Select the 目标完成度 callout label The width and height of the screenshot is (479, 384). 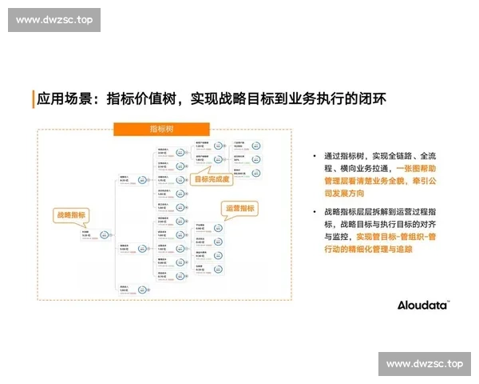(x=212, y=179)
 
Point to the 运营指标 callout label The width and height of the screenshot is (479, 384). (x=240, y=208)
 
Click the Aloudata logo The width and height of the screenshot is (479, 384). (x=423, y=305)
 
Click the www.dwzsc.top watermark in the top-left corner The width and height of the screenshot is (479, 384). (x=54, y=20)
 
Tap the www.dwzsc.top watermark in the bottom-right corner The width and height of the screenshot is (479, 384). (x=424, y=363)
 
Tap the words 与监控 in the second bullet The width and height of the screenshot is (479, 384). (x=335, y=237)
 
